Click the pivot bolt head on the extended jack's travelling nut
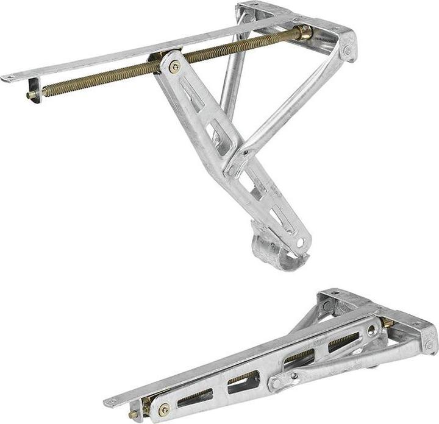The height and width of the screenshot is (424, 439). [175, 67]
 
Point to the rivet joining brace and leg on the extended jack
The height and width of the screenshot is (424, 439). [244, 152]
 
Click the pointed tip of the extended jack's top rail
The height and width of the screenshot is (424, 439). [7, 78]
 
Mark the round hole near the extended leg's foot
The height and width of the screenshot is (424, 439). [299, 242]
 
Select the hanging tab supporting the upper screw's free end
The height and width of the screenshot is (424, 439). [35, 90]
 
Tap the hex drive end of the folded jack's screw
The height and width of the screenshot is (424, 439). [133, 415]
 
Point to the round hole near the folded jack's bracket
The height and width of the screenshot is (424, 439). [371, 331]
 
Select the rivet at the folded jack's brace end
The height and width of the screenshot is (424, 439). [277, 383]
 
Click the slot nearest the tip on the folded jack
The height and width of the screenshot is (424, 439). [195, 396]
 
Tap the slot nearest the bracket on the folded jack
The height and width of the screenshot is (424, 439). [343, 342]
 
